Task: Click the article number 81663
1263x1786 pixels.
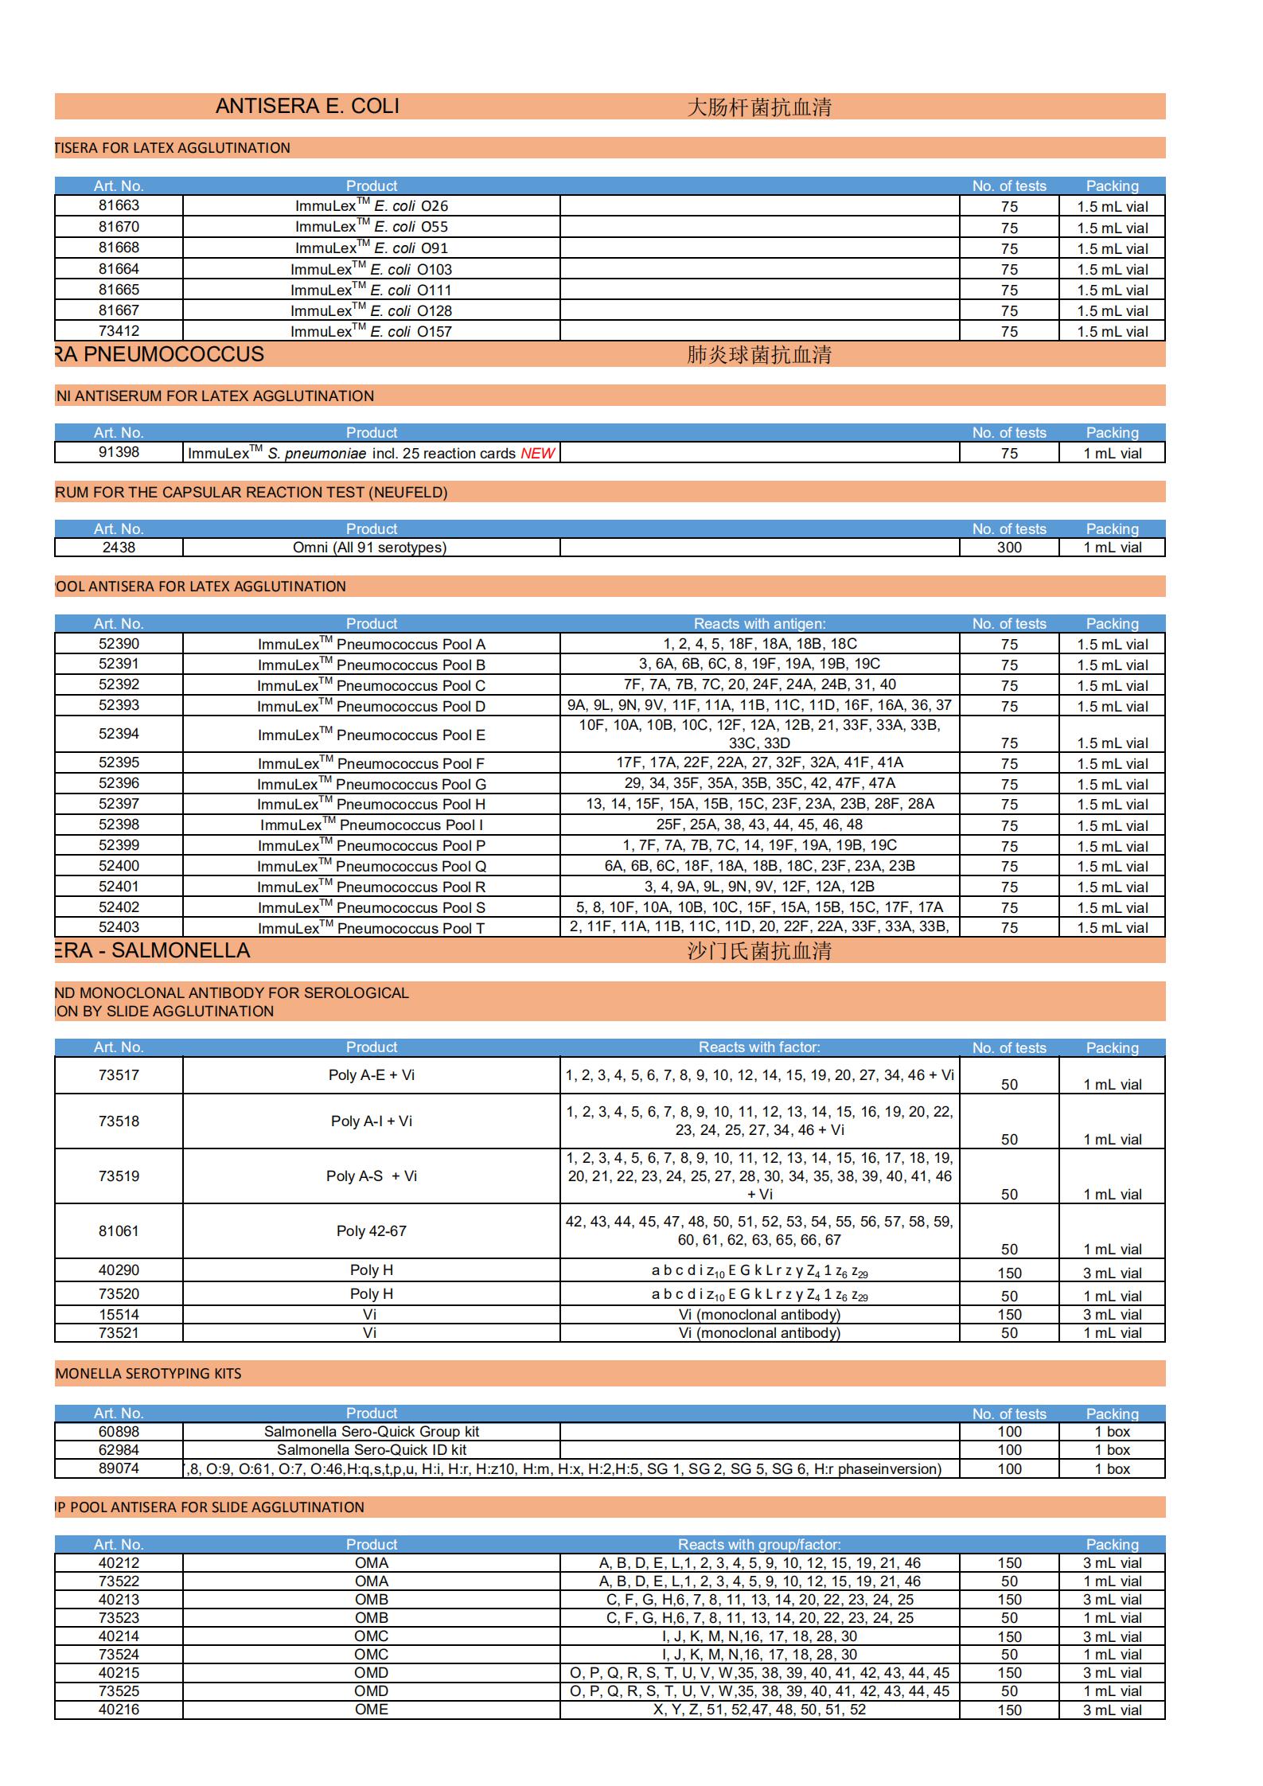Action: point(119,205)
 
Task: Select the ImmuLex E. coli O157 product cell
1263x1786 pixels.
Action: point(371,331)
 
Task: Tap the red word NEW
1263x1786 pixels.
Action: point(537,453)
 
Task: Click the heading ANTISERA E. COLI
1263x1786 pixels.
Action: point(307,107)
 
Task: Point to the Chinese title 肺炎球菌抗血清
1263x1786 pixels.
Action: point(758,354)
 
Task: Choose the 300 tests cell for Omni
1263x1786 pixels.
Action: point(1008,548)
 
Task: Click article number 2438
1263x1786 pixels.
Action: point(119,548)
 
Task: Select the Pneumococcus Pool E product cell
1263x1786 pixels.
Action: point(371,735)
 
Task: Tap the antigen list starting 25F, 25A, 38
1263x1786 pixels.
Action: point(758,825)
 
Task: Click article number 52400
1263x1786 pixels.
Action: point(119,866)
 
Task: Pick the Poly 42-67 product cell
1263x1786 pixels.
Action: point(371,1231)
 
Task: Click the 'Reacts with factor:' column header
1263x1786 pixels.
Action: point(758,1047)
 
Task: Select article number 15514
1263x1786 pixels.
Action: point(119,1315)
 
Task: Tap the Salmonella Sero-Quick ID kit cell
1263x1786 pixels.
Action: point(371,1450)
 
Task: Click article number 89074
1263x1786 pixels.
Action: point(119,1468)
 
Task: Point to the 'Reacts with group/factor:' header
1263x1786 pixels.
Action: point(758,1544)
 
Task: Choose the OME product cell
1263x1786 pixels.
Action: point(371,1710)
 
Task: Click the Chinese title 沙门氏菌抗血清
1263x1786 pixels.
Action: point(758,950)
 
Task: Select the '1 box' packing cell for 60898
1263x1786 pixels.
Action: point(1112,1432)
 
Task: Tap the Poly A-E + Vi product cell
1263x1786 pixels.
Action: point(371,1075)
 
